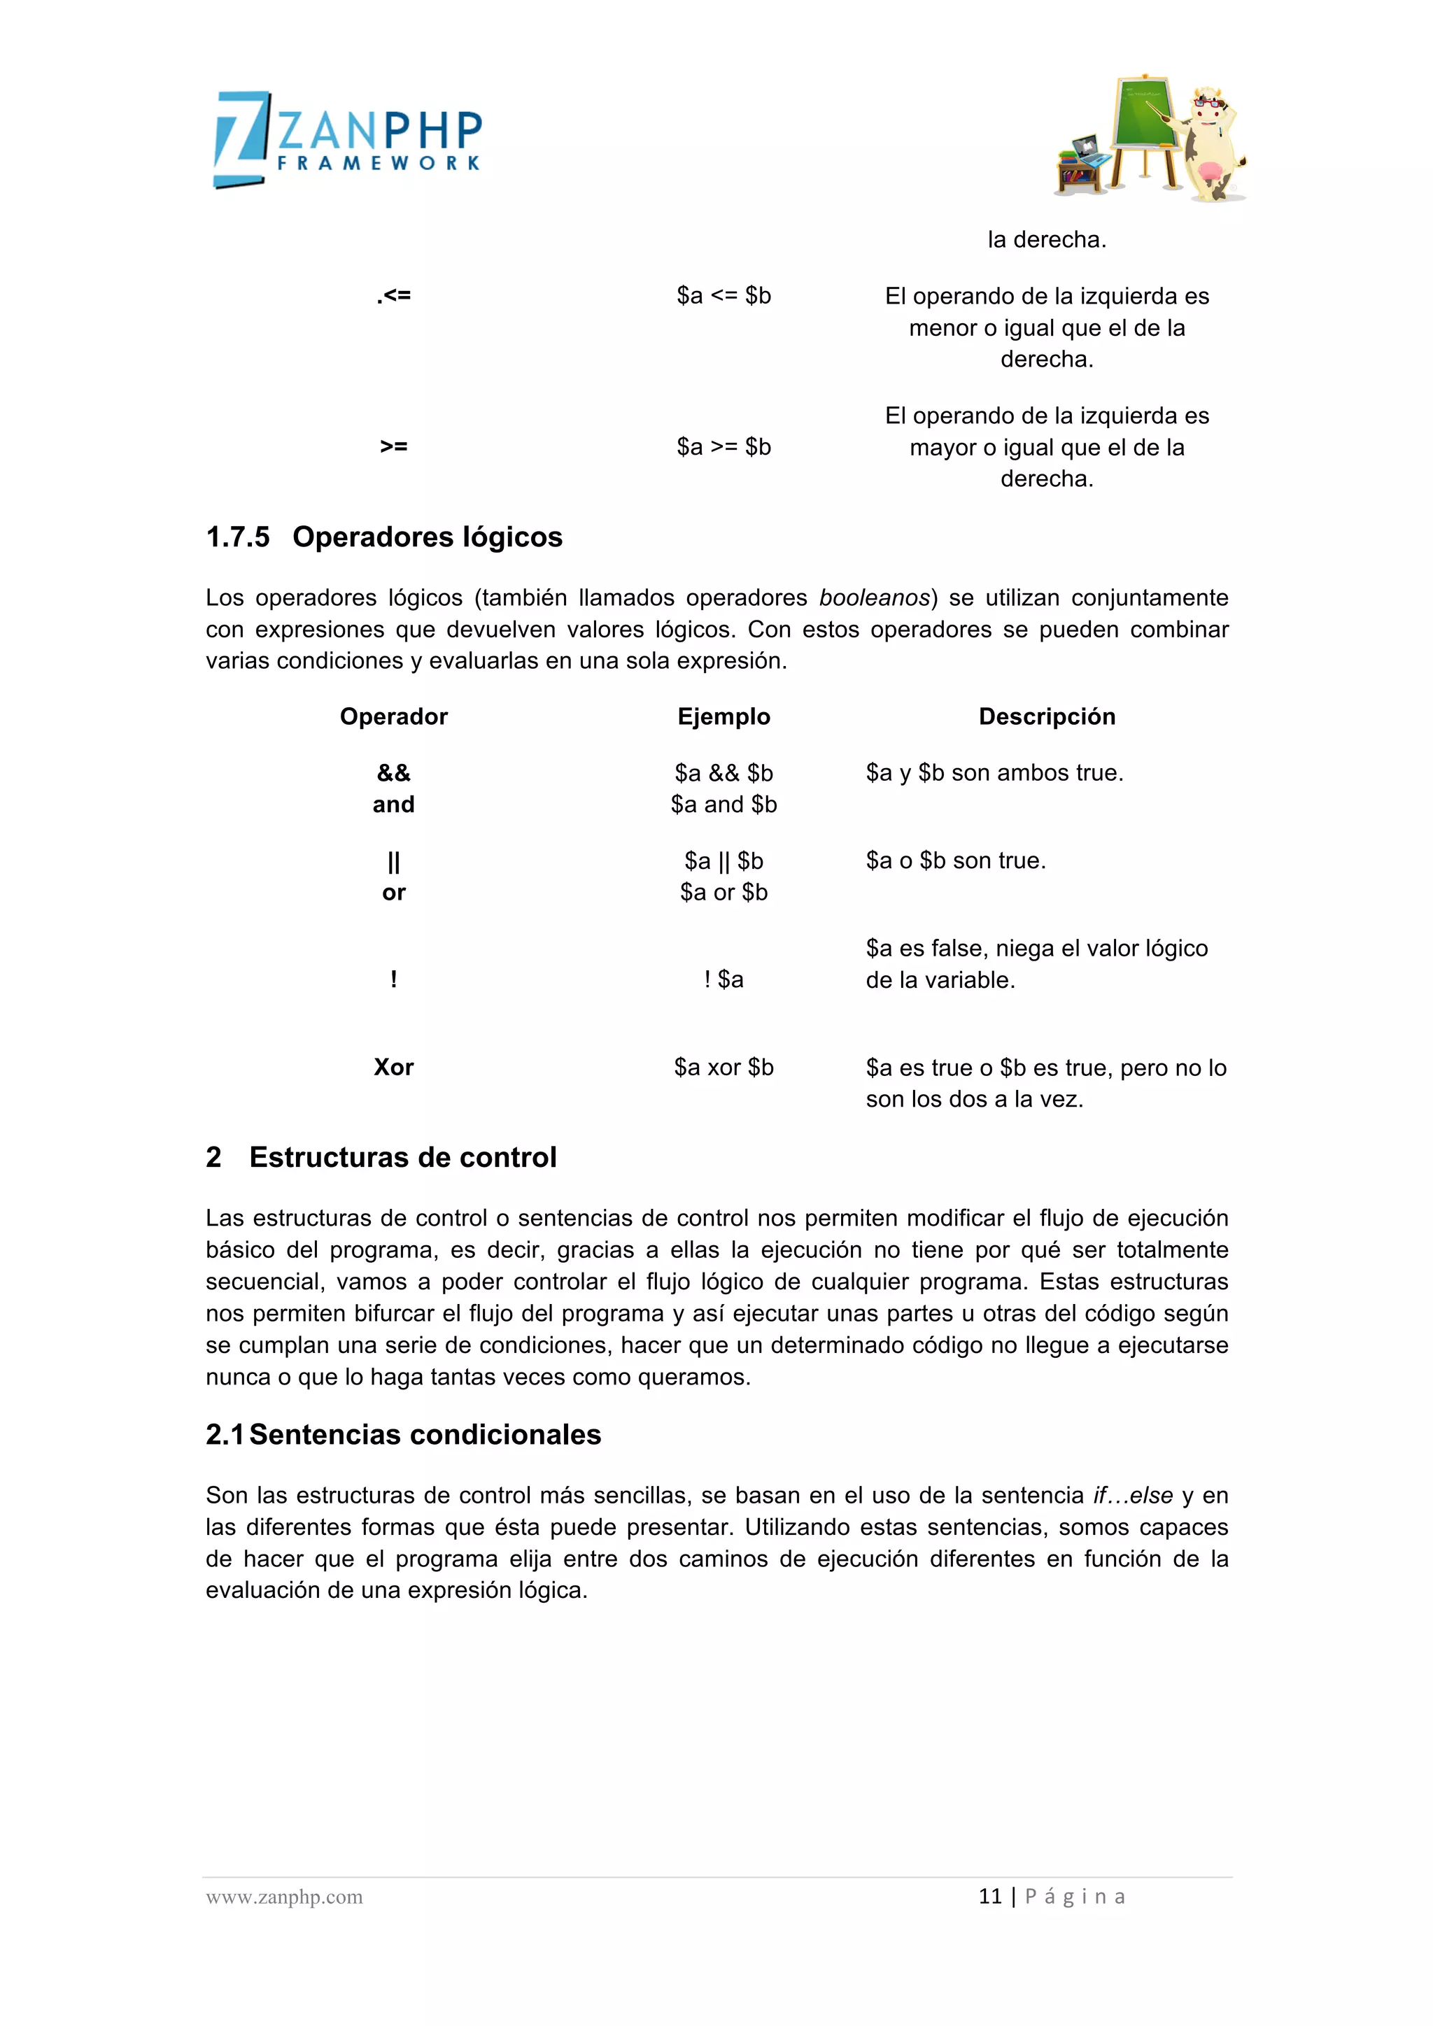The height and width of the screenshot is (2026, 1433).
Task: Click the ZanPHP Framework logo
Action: tap(348, 139)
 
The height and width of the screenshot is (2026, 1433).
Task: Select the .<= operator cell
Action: tap(393, 296)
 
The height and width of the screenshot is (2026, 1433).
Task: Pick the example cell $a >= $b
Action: tap(723, 446)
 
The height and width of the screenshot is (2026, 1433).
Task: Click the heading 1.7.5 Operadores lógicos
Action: tap(384, 537)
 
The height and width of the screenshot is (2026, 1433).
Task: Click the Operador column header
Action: tap(393, 716)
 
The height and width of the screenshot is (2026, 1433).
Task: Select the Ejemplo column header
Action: tap(723, 716)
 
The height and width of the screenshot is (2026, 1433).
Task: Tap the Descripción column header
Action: tap(1047, 716)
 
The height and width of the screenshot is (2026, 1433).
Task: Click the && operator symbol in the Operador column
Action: tap(393, 773)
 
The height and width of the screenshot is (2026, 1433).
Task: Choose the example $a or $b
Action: tap(723, 892)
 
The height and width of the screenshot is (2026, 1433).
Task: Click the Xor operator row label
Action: tap(393, 1067)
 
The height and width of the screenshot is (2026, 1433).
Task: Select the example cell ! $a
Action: tap(723, 979)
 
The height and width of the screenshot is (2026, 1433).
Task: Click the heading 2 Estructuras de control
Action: tap(381, 1157)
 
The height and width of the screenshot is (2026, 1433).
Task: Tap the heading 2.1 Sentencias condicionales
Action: tap(403, 1434)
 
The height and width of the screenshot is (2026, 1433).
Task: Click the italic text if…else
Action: tap(1132, 1495)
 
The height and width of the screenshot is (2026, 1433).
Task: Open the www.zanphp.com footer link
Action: tap(284, 1897)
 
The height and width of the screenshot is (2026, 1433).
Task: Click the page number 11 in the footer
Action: tap(990, 1897)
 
